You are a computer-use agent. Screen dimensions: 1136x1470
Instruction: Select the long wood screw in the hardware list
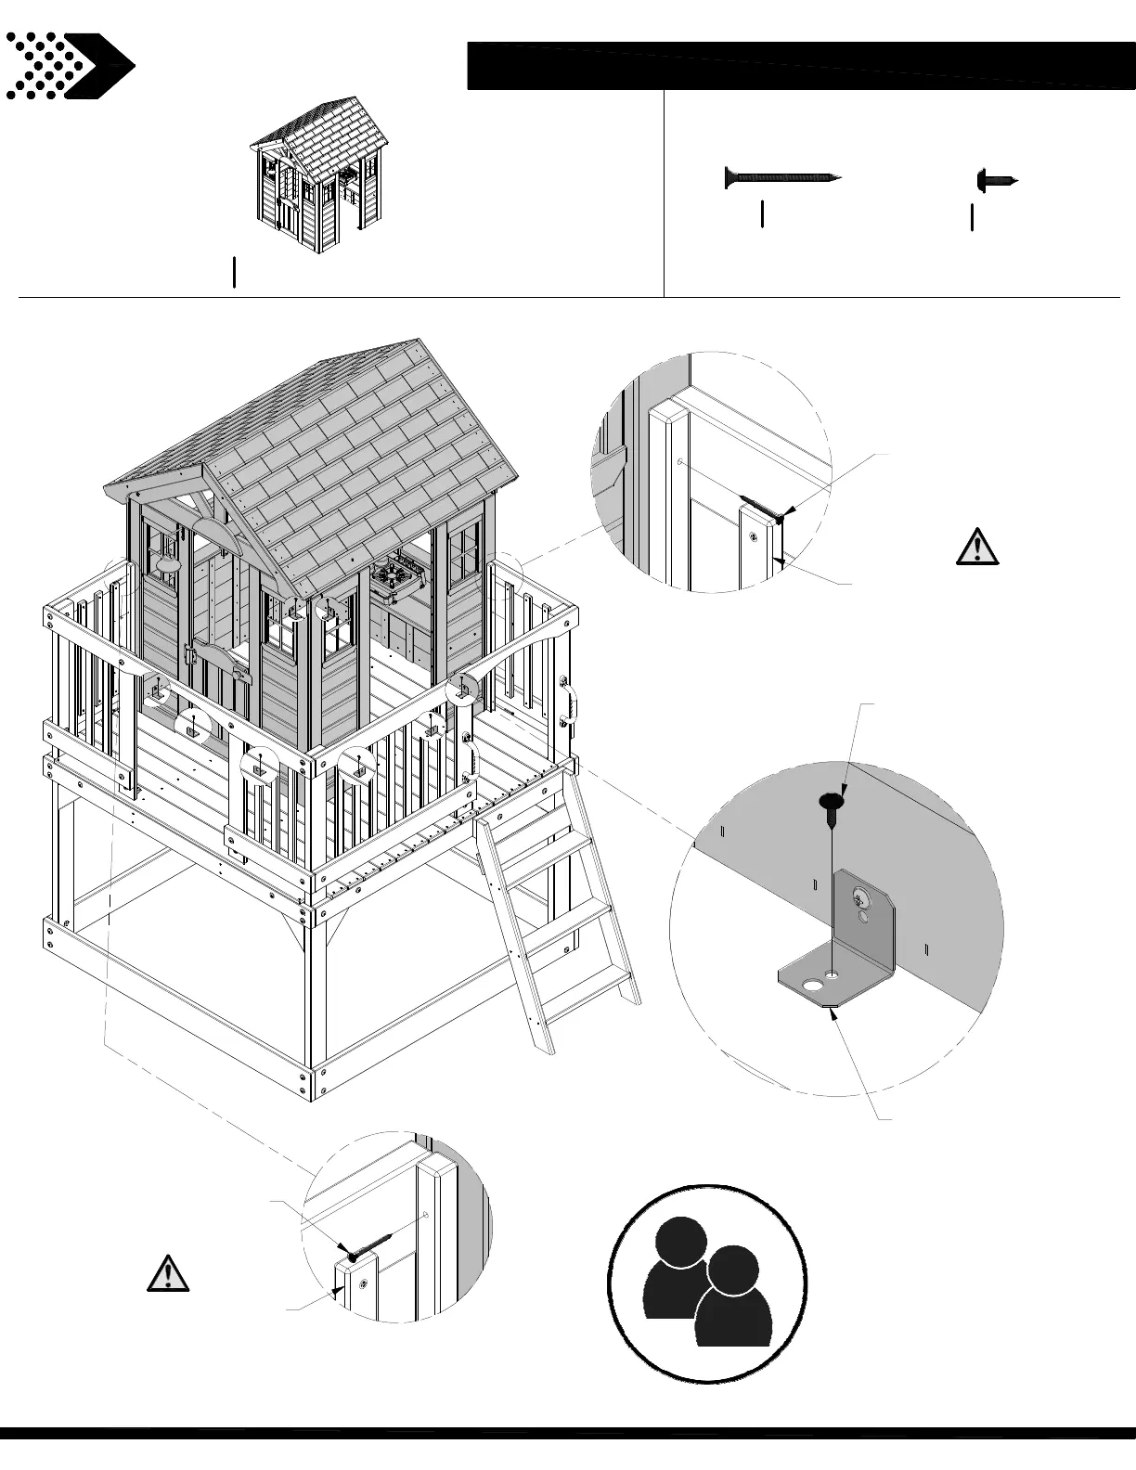tap(781, 175)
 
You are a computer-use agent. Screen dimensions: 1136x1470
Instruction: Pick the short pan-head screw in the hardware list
tap(997, 179)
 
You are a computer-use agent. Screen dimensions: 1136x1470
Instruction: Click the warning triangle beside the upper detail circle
tap(977, 547)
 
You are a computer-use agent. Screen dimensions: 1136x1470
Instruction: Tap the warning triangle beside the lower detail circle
tap(168, 1272)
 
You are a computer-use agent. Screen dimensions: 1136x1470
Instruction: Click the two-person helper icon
tap(707, 1283)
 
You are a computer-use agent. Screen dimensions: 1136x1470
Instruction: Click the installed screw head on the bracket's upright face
tap(860, 898)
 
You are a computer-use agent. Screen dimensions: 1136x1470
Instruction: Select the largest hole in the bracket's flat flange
tap(813, 981)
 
